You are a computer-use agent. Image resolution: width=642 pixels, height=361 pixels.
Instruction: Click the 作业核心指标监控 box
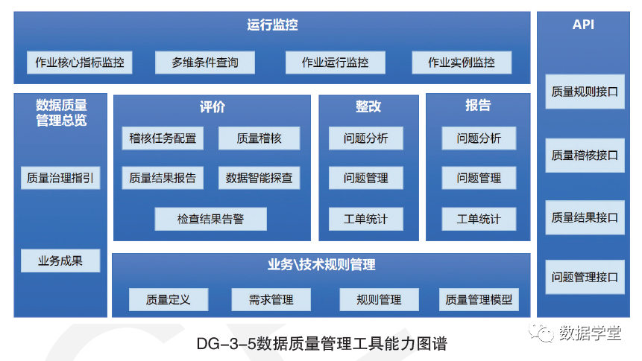(80, 63)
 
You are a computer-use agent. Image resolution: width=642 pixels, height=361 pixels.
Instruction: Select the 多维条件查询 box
(205, 63)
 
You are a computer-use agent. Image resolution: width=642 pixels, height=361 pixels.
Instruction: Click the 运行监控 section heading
(272, 25)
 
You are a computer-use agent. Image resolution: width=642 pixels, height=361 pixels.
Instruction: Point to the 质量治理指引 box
(60, 178)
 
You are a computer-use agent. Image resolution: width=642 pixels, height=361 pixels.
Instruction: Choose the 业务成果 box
(60, 261)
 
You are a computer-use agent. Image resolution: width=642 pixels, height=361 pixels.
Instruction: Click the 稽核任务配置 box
(163, 138)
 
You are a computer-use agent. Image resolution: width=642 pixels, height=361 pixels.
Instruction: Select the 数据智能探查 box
(259, 178)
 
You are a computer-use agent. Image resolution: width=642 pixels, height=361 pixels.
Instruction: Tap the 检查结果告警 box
(210, 219)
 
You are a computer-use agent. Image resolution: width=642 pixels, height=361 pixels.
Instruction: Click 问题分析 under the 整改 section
(366, 138)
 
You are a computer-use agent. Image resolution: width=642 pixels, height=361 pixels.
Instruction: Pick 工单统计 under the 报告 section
(479, 219)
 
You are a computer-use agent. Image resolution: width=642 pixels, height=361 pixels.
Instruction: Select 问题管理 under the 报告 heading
(479, 178)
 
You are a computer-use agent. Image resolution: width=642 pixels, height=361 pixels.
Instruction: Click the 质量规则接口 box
(585, 92)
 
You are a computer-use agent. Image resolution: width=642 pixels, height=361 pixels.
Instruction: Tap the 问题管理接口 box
(585, 278)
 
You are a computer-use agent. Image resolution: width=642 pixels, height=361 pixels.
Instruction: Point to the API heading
(584, 25)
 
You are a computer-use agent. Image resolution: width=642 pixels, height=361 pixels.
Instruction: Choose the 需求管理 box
(271, 299)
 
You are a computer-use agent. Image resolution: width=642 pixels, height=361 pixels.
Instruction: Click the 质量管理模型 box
(479, 299)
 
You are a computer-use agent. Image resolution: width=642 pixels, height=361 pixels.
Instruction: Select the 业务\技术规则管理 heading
(321, 265)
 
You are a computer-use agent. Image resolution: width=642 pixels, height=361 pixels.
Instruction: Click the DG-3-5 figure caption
(321, 344)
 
